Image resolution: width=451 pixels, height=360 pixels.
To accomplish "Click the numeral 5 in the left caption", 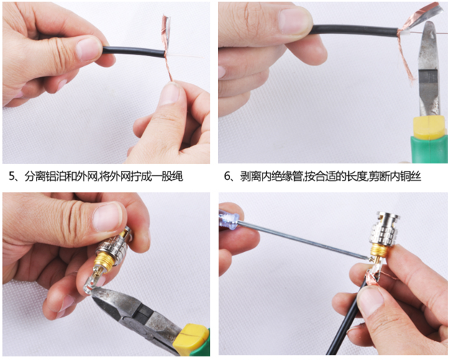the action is [12, 176].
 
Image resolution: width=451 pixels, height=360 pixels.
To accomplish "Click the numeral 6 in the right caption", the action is [227, 176].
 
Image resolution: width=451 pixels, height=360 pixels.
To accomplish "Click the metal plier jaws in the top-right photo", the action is [429, 69].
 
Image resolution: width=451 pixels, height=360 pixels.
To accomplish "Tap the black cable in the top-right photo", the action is [355, 30].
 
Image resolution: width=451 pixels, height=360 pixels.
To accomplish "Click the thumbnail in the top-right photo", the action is [294, 22].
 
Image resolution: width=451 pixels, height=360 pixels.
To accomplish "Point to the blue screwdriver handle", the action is [229, 219].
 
